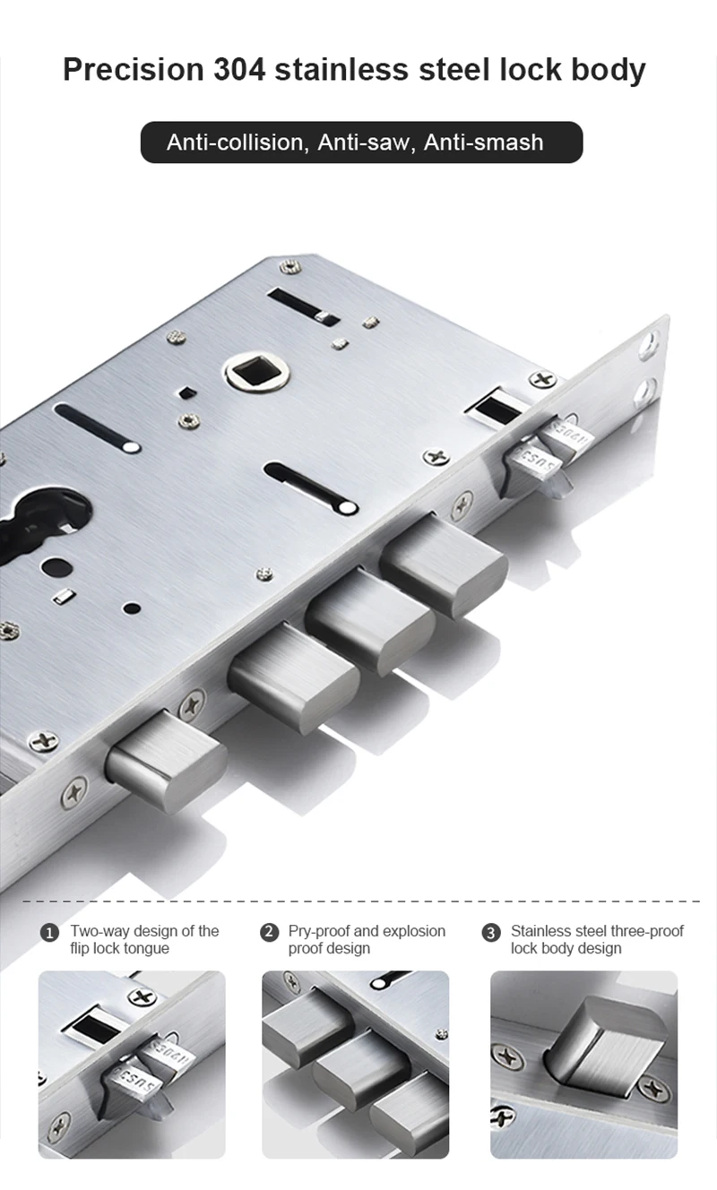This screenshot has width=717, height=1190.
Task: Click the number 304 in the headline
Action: click(x=238, y=70)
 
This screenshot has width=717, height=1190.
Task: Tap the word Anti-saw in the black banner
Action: click(x=364, y=142)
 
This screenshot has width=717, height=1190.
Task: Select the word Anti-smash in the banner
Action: click(x=484, y=142)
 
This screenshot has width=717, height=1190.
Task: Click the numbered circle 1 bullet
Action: click(x=49, y=932)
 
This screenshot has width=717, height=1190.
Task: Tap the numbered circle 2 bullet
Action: click(x=270, y=932)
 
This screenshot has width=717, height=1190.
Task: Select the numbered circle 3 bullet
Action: click(x=491, y=932)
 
